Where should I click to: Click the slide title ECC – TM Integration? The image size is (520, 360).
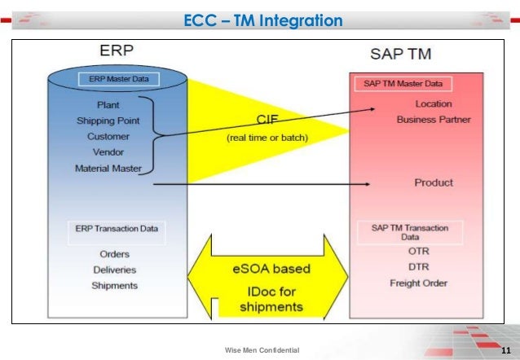click(x=263, y=20)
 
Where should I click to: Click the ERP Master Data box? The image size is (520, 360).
click(x=119, y=80)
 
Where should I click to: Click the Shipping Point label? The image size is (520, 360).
click(x=107, y=121)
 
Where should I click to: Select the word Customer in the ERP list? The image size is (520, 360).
click(x=108, y=136)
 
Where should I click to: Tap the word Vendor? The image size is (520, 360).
click(x=108, y=152)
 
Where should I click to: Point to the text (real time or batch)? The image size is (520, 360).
click(x=267, y=138)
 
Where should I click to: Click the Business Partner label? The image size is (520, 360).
click(x=433, y=120)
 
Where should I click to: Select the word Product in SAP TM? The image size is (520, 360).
click(x=433, y=182)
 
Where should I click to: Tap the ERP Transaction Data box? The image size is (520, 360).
click(x=117, y=229)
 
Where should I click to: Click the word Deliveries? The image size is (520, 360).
click(x=113, y=269)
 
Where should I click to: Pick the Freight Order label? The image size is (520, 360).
click(x=418, y=283)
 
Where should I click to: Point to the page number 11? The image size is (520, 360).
click(x=505, y=350)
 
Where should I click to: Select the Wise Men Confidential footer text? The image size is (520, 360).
click(x=262, y=350)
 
